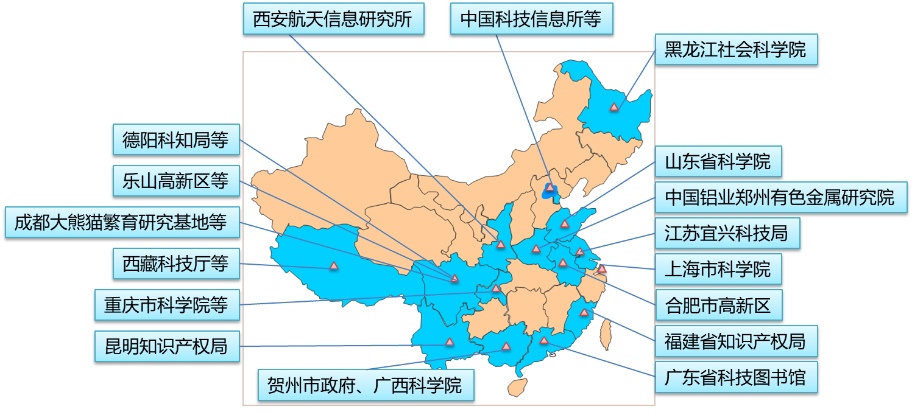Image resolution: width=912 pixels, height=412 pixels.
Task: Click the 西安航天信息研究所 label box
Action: [333, 19]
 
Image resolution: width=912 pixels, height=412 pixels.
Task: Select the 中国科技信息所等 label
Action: [531, 19]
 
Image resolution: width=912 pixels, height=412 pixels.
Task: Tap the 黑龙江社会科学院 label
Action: [735, 49]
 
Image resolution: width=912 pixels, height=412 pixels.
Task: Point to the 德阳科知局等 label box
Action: [176, 141]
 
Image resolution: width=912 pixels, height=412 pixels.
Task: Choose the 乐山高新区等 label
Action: [176, 181]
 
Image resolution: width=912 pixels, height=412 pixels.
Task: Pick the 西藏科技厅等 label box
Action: [176, 264]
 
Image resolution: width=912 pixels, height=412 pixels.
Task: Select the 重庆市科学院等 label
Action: [166, 306]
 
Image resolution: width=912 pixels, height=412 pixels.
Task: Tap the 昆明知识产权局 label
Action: [166, 346]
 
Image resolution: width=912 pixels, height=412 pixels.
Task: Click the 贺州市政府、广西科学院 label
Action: [365, 385]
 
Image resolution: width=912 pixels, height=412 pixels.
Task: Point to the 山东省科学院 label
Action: [718, 162]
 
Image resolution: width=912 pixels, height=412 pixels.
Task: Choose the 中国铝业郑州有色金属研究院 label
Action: [780, 197]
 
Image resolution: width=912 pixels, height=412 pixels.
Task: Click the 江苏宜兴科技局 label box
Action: [727, 233]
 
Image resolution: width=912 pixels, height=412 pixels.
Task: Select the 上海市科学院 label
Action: [718, 269]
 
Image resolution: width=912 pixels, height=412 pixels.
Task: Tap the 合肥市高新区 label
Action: [718, 306]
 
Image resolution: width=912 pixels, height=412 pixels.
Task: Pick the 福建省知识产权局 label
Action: [735, 341]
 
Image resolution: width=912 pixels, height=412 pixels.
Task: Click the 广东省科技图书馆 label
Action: [735, 378]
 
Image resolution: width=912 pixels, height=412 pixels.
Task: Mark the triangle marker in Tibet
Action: [334, 266]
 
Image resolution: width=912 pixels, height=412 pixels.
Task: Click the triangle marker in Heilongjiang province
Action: [614, 107]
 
